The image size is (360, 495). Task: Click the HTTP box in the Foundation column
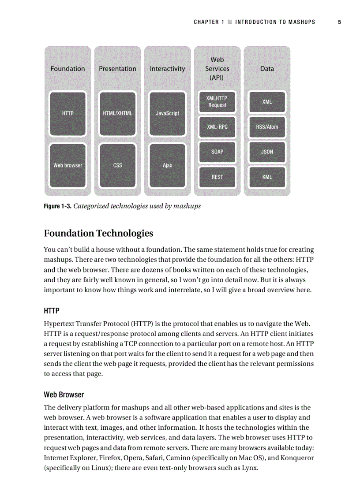[x=68, y=113]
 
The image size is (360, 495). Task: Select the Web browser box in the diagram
[x=68, y=165]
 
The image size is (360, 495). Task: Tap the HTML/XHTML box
[x=117, y=113]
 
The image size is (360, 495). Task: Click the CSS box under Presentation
[x=117, y=165]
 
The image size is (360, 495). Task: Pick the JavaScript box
[x=167, y=113]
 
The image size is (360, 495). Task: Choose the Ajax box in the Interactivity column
[x=167, y=165]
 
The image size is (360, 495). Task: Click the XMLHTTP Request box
[x=217, y=102]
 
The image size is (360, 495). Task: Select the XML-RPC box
[x=217, y=127]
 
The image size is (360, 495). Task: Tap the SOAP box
[x=217, y=152]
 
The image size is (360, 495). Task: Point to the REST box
[x=217, y=177]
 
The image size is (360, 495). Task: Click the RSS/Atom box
[x=267, y=127]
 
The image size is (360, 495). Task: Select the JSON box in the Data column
[x=267, y=152]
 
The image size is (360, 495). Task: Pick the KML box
[x=267, y=177]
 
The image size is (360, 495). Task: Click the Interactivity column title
[x=167, y=69]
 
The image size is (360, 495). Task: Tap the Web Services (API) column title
[x=217, y=69]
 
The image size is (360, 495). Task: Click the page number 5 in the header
[x=339, y=22]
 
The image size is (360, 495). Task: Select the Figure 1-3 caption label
[x=57, y=206]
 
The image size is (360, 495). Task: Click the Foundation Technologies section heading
[x=98, y=233]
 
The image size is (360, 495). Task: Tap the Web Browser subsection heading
[x=64, y=395]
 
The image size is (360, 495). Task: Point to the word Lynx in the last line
[x=249, y=468]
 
